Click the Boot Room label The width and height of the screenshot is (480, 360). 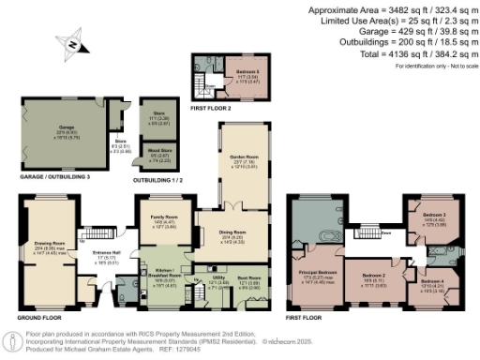[x=248, y=278]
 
